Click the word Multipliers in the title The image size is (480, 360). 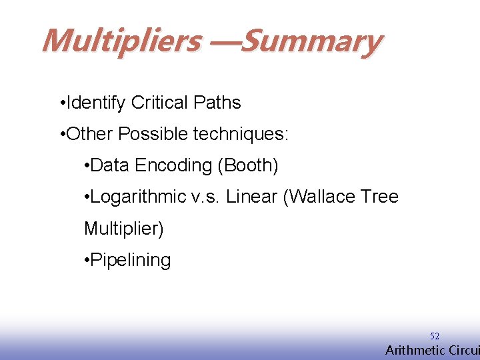(x=121, y=41)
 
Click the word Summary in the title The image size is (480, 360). (x=311, y=41)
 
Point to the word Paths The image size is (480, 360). (x=217, y=103)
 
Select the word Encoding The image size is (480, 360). (x=172, y=165)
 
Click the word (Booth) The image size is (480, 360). (x=248, y=165)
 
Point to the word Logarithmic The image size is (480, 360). (x=138, y=197)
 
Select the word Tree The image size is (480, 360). (x=381, y=197)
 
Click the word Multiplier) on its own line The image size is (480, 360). (x=123, y=229)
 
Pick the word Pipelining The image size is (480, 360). (x=130, y=260)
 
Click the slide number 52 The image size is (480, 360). (x=434, y=337)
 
